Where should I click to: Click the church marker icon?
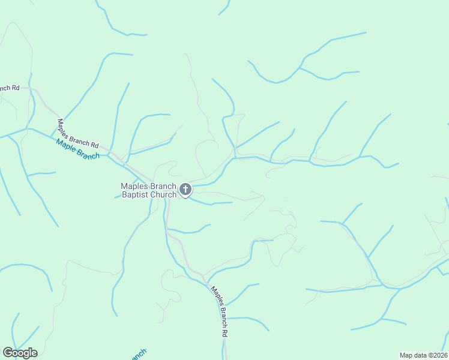[185, 190]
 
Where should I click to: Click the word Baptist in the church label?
[136, 194]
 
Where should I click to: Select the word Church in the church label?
[163, 194]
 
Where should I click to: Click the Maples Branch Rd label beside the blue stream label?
[77, 133]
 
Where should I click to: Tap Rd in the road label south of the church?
[224, 331]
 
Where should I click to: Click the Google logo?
[20, 353]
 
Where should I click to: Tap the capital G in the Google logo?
[8, 352]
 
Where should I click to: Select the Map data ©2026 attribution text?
[423, 355]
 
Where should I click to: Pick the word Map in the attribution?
[406, 355]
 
